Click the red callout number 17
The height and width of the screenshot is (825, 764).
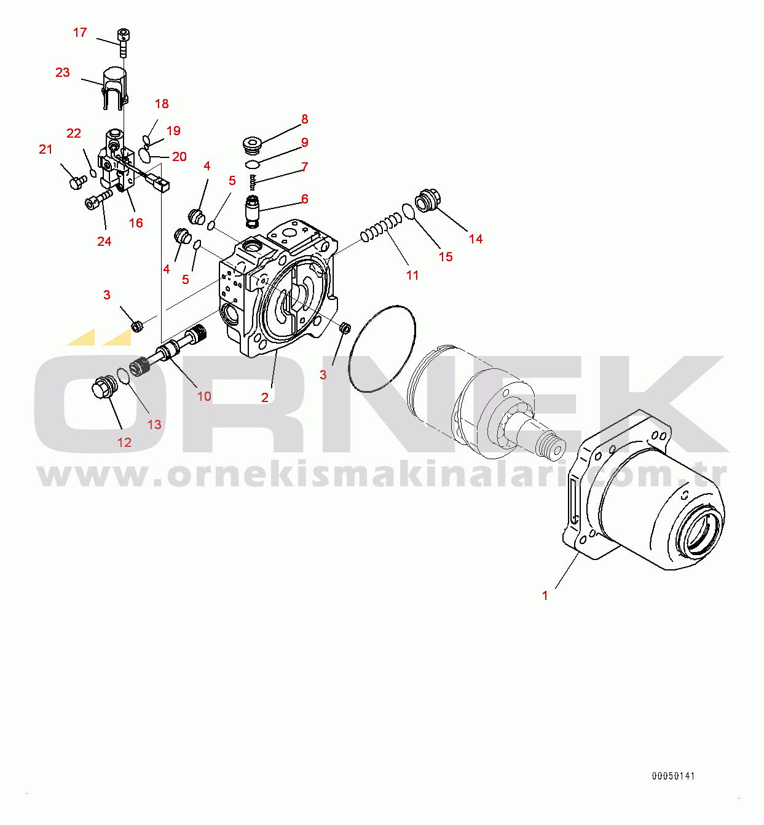pos(80,33)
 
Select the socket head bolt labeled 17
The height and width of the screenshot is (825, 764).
pos(123,42)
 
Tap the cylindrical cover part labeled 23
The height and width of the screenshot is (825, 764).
pos(115,88)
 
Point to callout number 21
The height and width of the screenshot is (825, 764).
pos(45,149)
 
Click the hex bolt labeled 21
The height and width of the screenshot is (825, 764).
pos(77,182)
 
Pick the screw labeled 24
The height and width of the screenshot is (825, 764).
pos(99,199)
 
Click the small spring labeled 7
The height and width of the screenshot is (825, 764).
pos(252,182)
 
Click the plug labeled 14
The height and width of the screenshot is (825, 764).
pos(428,200)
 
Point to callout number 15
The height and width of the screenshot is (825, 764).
pos(446,257)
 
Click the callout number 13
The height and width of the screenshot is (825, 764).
pos(154,425)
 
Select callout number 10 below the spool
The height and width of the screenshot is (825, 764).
pos(204,397)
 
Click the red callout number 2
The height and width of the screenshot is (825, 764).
pos(265,398)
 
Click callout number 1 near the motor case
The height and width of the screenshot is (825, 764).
pos(545,596)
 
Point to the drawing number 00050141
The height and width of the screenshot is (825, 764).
pos(673,776)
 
